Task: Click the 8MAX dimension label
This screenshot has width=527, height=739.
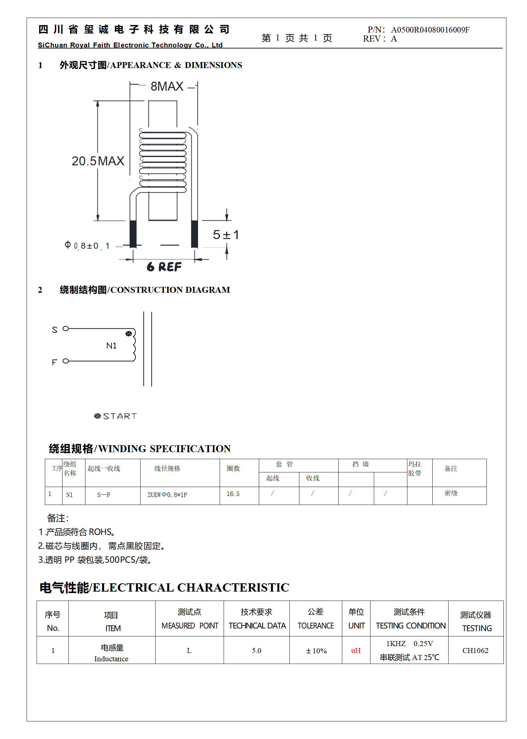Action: coord(167,86)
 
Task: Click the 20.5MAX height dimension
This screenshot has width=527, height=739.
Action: coord(98,161)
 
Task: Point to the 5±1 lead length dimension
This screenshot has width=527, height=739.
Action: coord(226,235)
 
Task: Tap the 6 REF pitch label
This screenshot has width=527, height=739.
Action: coord(164,267)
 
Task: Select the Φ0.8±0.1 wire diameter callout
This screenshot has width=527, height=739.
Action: coord(87,246)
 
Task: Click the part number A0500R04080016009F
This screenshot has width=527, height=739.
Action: coord(430,30)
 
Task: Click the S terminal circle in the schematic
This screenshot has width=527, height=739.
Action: coord(66,329)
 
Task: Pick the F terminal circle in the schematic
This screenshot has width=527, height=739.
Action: coord(66,361)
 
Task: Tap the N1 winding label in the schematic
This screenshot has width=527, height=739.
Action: coord(111,346)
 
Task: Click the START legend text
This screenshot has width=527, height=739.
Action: coord(120,416)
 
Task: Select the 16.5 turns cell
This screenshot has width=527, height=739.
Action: coord(233,494)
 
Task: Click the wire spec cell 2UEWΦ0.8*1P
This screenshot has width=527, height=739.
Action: coord(167,495)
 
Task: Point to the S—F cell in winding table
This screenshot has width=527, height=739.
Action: coord(104,495)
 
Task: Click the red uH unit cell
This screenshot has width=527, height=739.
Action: coord(356,650)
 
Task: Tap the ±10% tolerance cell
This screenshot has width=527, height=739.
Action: coord(316,651)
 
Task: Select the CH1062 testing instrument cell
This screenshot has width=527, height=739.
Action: coord(475,650)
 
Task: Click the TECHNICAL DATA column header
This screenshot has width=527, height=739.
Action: coord(257,625)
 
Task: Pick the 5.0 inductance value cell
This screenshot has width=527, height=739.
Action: coord(257,650)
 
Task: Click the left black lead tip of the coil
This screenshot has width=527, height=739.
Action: coord(133,234)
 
